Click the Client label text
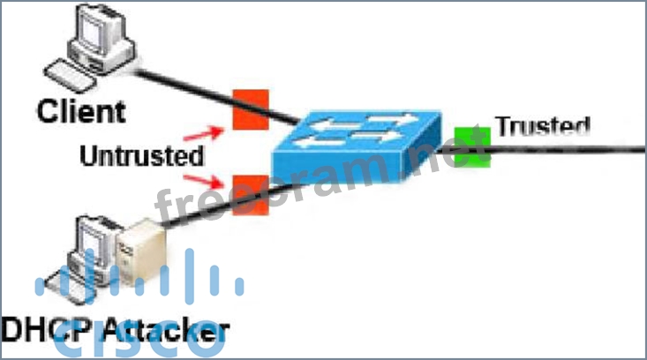pos(81,111)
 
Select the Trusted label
pos(542,125)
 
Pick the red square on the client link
pos(250,109)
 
